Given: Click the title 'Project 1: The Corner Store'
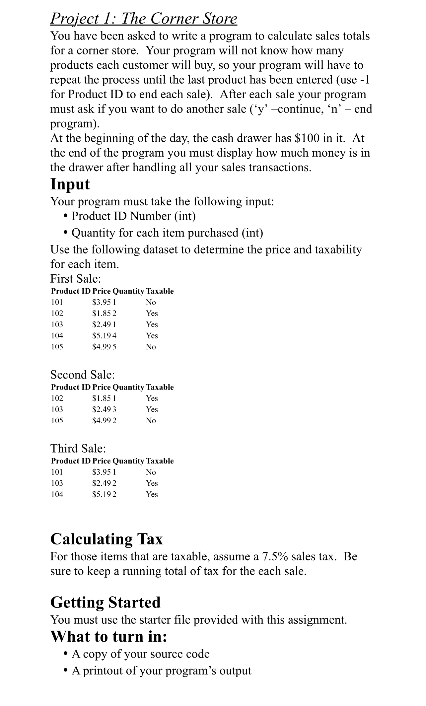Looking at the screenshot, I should tap(144, 19).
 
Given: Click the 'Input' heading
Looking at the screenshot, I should tap(70, 184).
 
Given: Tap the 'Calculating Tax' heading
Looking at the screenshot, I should tap(106, 539).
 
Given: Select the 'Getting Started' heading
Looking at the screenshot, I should tap(105, 602).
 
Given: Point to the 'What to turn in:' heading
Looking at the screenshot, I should tap(108, 636).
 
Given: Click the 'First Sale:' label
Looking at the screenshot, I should tap(75, 278).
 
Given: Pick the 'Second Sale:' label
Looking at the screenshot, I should tap(83, 375).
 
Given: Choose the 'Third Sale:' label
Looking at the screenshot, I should tap(78, 448).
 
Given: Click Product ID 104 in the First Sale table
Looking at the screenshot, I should tap(57, 335).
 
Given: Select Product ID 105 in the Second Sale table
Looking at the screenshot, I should tap(57, 420).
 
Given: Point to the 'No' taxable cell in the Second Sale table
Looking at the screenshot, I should tap(151, 420).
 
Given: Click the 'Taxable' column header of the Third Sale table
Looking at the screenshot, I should tap(160, 461).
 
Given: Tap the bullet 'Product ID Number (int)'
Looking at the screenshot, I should tap(133, 216).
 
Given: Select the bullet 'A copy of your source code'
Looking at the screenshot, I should tap(141, 654).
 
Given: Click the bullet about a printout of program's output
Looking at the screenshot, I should tap(162, 671).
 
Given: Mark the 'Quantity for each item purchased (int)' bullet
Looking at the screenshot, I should tap(167, 233).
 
